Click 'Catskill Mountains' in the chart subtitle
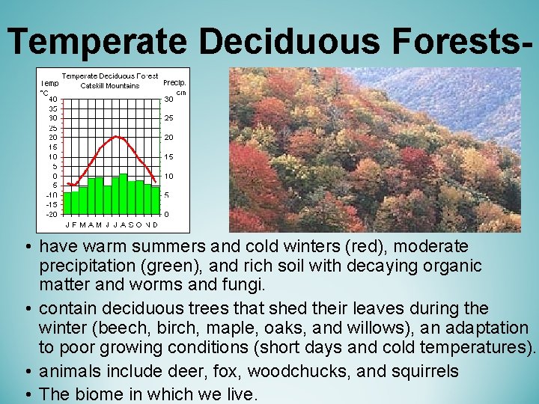pyautogui.click(x=110, y=85)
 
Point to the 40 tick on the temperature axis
pyautogui.click(x=51, y=99)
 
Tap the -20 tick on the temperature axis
pyautogui.click(x=49, y=214)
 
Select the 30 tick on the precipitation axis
pyautogui.click(x=169, y=99)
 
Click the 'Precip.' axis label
pyautogui.click(x=174, y=83)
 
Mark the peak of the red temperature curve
pyautogui.click(x=115, y=137)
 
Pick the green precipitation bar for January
pyautogui.click(x=67, y=203)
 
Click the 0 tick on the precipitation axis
pyautogui.click(x=166, y=214)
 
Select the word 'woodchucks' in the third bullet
pyautogui.click(x=294, y=371)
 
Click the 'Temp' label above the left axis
pyautogui.click(x=50, y=83)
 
